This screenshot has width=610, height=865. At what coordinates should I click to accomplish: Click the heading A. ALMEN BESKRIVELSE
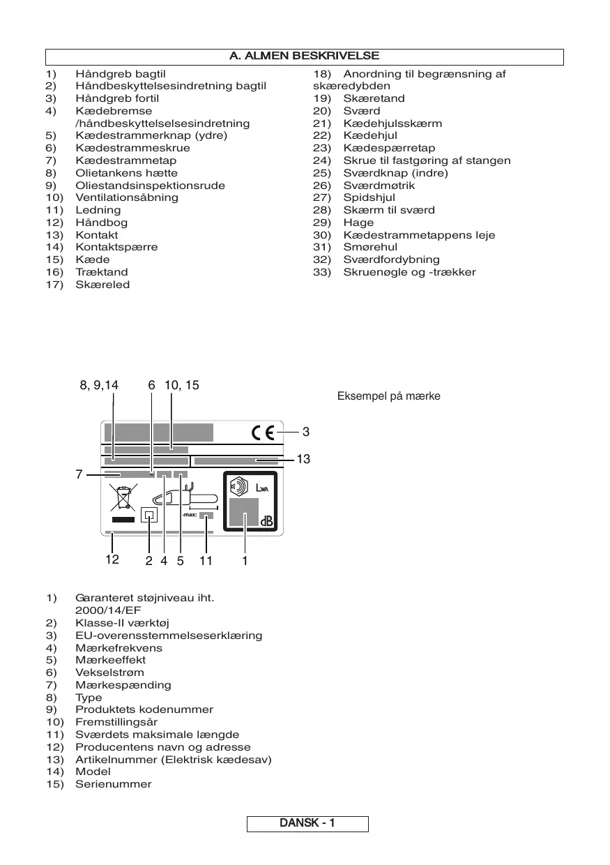click(305, 56)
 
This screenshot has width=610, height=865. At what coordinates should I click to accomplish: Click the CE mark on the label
click(263, 433)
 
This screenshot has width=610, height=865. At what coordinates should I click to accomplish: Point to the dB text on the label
click(267, 522)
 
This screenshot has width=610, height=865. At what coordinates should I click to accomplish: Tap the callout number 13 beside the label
click(303, 459)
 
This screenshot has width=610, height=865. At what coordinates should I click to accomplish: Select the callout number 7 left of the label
click(80, 475)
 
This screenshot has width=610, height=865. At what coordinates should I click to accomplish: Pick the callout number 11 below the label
click(206, 559)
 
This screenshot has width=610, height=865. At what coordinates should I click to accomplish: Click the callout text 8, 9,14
click(99, 385)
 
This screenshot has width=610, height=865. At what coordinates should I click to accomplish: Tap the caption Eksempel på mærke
click(388, 396)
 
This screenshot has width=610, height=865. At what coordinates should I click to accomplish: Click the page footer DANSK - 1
click(307, 823)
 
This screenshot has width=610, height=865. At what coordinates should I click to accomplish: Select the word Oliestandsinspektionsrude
click(150, 186)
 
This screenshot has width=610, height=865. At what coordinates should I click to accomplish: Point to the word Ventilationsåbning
click(126, 197)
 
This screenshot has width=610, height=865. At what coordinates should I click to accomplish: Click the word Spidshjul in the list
click(369, 197)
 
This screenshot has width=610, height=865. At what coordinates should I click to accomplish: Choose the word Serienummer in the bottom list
click(113, 784)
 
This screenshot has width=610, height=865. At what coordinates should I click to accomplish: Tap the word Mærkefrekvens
click(119, 648)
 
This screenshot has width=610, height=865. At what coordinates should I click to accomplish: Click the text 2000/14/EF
click(107, 610)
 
